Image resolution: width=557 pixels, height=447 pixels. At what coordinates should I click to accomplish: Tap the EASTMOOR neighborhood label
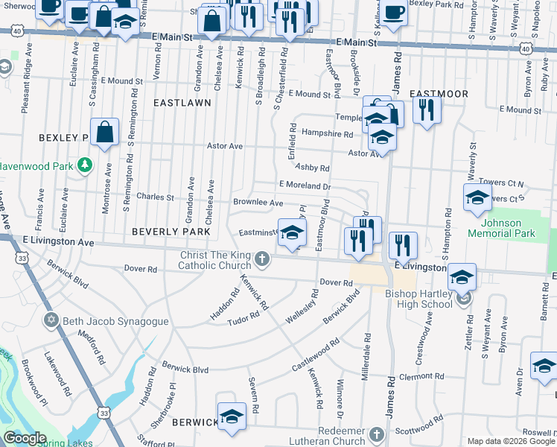[x=439, y=94]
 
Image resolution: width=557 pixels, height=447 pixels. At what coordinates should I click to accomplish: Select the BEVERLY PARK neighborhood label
[x=171, y=232]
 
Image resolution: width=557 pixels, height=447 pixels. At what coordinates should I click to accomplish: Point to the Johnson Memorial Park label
[x=501, y=228]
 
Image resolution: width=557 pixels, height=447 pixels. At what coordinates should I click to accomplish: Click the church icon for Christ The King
[x=261, y=259]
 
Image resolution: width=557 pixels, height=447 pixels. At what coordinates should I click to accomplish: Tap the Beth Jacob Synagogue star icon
[x=51, y=321]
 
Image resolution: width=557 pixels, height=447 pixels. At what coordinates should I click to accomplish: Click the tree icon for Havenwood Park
[x=86, y=164]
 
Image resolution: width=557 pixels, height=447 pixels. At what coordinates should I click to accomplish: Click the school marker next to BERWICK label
[x=232, y=416]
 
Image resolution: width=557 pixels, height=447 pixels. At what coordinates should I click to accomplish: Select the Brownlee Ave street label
[x=258, y=203]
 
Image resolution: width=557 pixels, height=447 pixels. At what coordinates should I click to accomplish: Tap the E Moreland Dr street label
[x=304, y=185]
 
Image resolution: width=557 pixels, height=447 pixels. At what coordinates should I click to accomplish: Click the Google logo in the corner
[x=25, y=438]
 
